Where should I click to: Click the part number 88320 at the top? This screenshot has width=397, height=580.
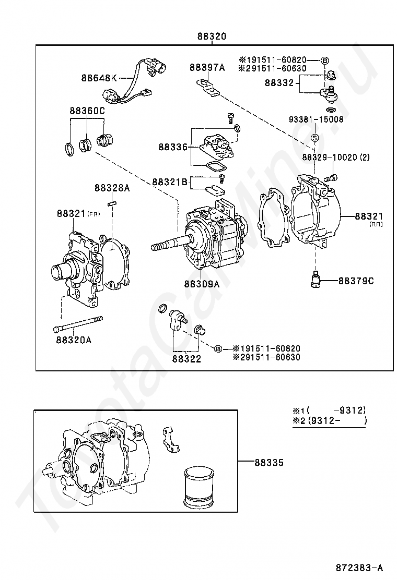click(x=212, y=37)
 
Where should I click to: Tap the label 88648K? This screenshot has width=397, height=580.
click(x=99, y=78)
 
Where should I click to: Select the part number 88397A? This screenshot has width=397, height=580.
click(x=207, y=67)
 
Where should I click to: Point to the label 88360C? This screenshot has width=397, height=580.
click(x=87, y=110)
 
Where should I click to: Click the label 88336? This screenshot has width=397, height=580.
click(x=173, y=147)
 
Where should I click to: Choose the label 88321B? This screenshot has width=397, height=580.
click(x=170, y=182)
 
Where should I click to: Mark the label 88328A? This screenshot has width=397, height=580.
click(x=112, y=188)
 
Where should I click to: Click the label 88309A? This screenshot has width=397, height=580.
click(x=202, y=284)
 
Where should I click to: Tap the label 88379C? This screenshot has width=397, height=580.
click(x=356, y=281)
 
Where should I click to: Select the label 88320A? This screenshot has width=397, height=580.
click(x=74, y=340)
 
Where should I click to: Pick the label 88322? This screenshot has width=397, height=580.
click(x=186, y=358)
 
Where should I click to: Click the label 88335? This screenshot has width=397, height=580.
click(x=269, y=462)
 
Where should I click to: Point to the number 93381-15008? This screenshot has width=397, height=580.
click(x=316, y=119)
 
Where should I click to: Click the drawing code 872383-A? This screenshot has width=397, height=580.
click(x=359, y=567)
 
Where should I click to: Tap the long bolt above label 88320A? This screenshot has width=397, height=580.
click(x=78, y=324)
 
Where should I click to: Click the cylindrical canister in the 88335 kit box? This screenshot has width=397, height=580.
click(x=199, y=488)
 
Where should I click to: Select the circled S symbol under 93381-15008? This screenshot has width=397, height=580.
click(x=314, y=138)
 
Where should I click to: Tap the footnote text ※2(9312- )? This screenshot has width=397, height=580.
click(x=330, y=420)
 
